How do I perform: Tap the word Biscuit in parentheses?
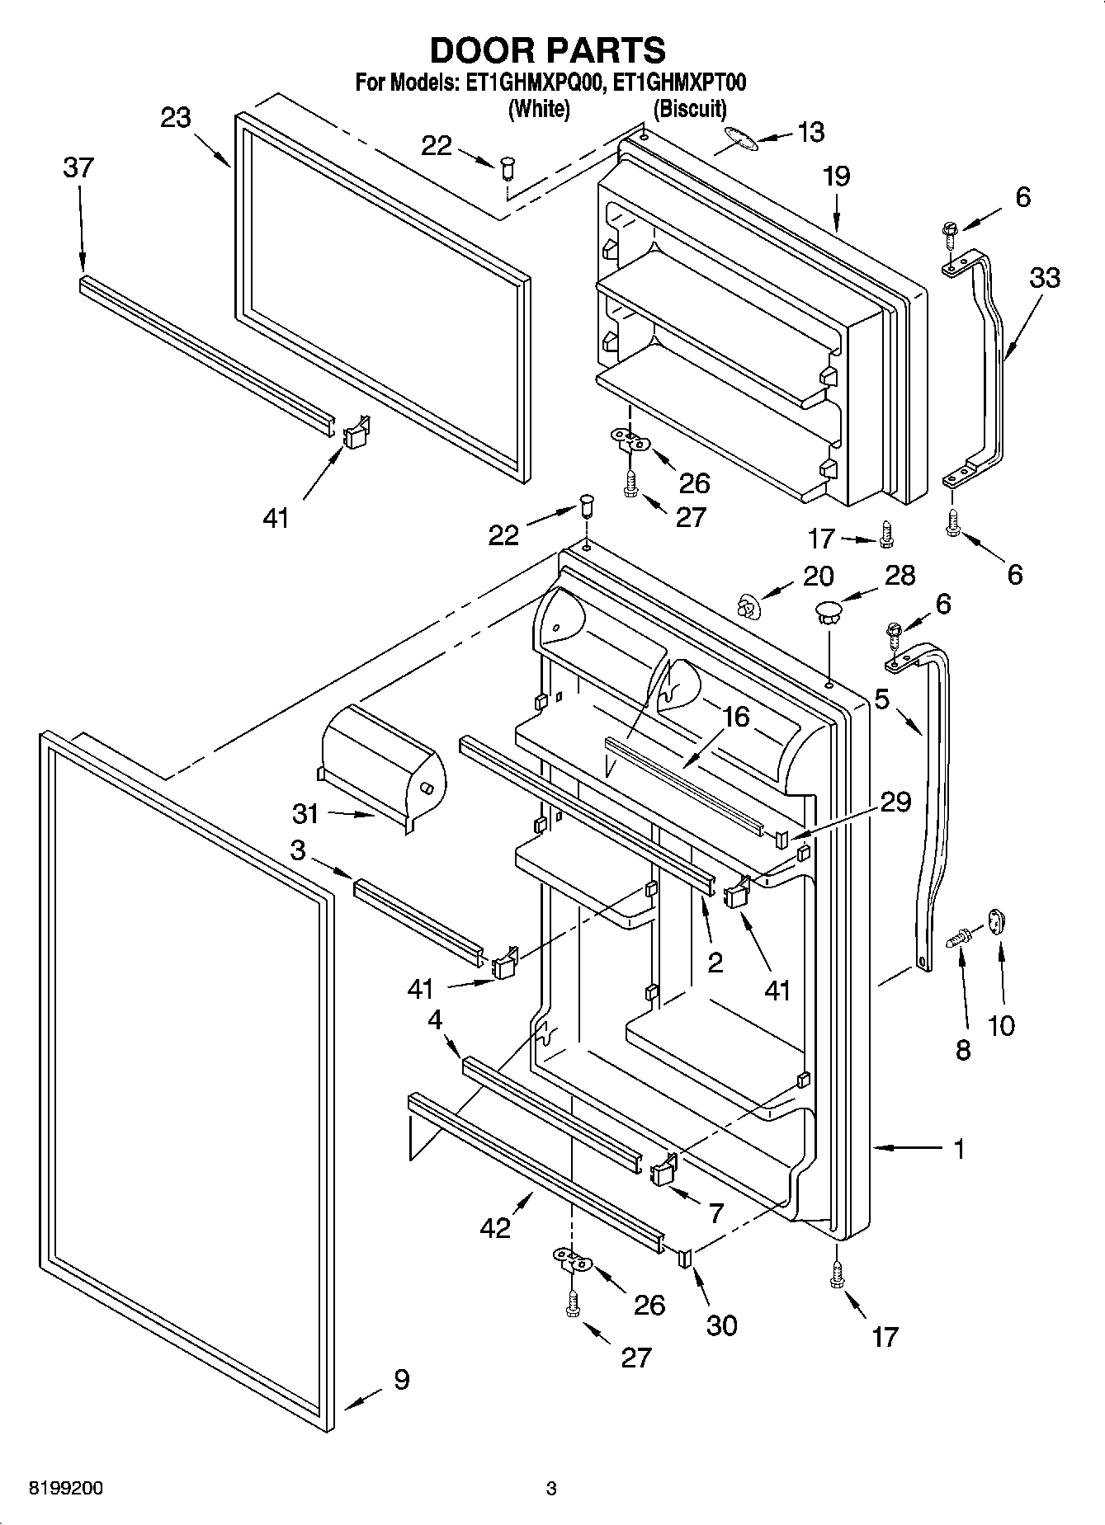click(x=690, y=108)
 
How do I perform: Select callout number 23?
click(x=176, y=118)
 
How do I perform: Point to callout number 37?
click(x=79, y=167)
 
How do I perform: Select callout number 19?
click(x=836, y=177)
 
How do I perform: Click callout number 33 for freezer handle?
click(x=1045, y=277)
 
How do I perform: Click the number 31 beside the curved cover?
click(x=305, y=813)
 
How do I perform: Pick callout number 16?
click(x=735, y=717)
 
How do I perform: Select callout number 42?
click(x=496, y=1227)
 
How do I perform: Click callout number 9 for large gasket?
click(x=401, y=1379)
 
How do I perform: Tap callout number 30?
click(x=721, y=1325)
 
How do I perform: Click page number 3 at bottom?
click(x=551, y=1489)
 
